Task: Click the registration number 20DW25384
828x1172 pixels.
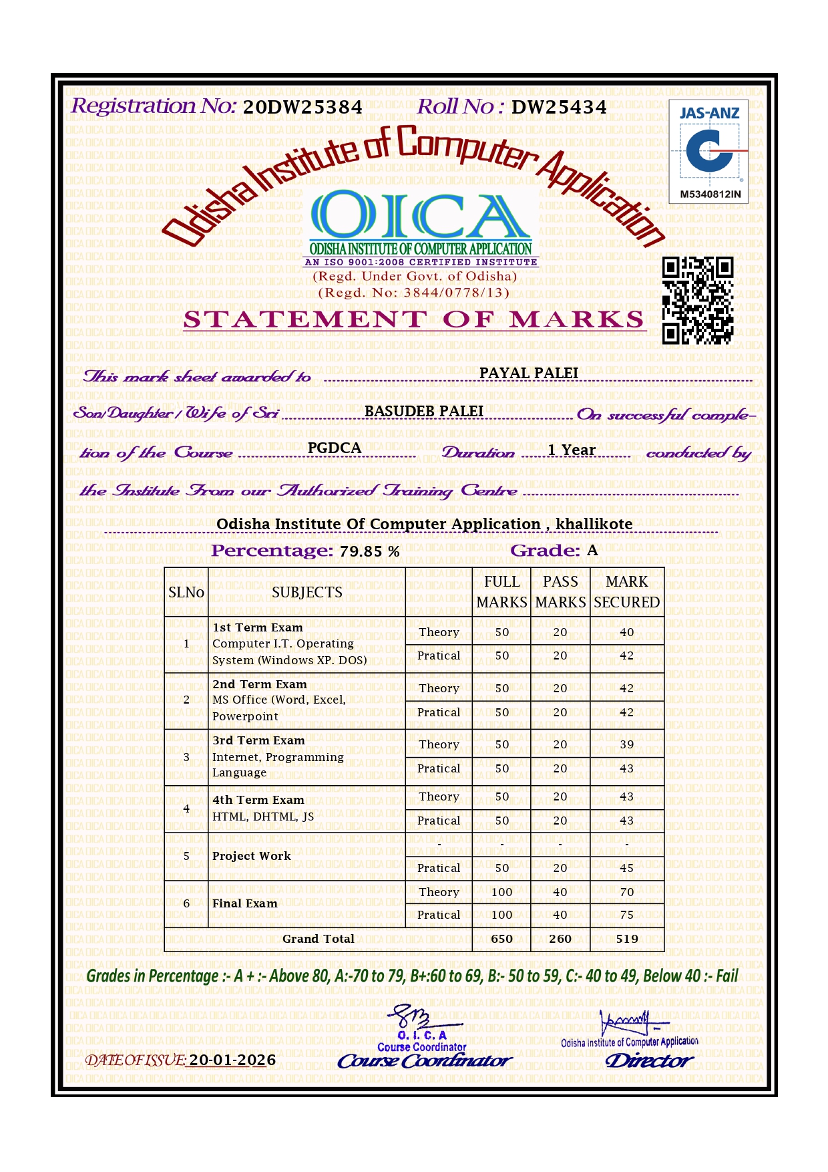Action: pyautogui.click(x=302, y=108)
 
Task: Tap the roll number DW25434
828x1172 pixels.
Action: pyautogui.click(x=559, y=108)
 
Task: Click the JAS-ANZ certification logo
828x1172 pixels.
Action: pyautogui.click(x=708, y=151)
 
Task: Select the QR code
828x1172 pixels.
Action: pyautogui.click(x=698, y=300)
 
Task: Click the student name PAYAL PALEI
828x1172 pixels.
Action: pyautogui.click(x=529, y=373)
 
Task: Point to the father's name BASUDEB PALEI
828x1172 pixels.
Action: pyautogui.click(x=424, y=411)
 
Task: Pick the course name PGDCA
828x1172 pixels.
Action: pyautogui.click(x=335, y=448)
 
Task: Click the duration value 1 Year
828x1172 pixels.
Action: pyautogui.click(x=572, y=450)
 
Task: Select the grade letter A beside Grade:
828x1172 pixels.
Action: pyautogui.click(x=592, y=551)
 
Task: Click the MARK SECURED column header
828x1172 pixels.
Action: pyautogui.click(x=626, y=592)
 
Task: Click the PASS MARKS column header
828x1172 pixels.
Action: pyautogui.click(x=560, y=592)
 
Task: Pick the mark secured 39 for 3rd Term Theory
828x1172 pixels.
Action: pyautogui.click(x=626, y=744)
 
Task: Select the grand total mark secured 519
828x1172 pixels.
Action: pyautogui.click(x=627, y=939)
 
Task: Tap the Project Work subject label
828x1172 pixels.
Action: pyautogui.click(x=252, y=856)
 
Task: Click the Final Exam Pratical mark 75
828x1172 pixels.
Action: pyautogui.click(x=626, y=915)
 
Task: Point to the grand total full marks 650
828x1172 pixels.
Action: pyautogui.click(x=501, y=939)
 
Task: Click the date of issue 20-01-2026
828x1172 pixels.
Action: pyautogui.click(x=232, y=1060)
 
